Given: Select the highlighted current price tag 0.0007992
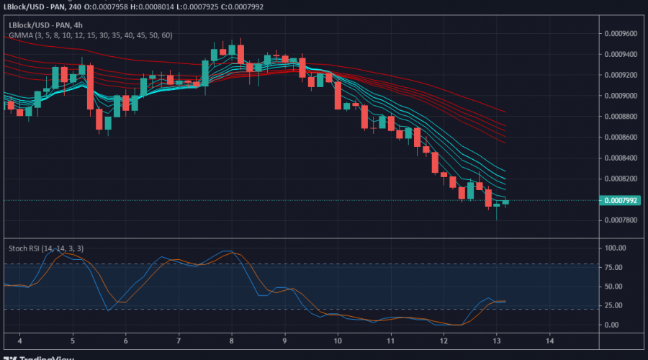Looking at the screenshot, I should (x=621, y=201).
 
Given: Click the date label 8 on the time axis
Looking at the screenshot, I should (x=232, y=340).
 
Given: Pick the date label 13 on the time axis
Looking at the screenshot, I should (x=497, y=340).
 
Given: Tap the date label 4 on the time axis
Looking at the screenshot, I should (x=19, y=340).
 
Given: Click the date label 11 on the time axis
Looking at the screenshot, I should (x=391, y=340).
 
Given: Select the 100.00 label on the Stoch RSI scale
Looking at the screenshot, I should (x=616, y=248).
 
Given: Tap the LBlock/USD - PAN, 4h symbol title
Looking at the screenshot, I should (x=45, y=24).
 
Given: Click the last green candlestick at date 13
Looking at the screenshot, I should (x=505, y=202).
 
